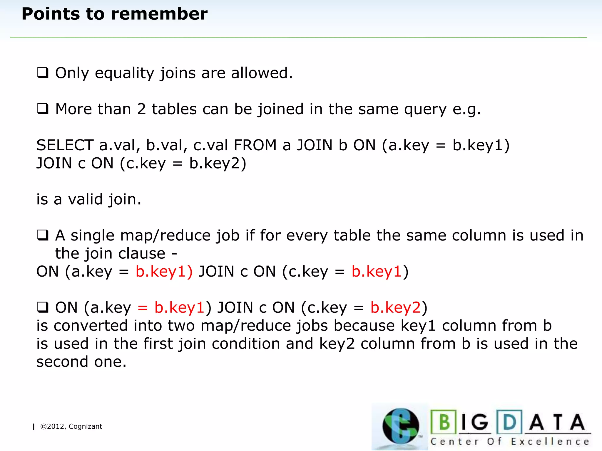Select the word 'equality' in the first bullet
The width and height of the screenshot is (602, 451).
tap(124, 73)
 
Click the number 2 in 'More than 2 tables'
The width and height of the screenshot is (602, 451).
tap(141, 109)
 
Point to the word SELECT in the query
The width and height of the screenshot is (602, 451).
tap(65, 145)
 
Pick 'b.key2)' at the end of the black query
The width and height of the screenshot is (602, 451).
tap(218, 163)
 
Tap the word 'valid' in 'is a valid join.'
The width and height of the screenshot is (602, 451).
tap(85, 199)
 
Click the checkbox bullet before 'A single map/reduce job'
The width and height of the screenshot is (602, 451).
tap(43, 235)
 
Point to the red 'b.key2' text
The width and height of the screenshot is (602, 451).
tap(396, 308)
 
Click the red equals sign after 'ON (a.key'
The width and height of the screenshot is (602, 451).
tap(143, 308)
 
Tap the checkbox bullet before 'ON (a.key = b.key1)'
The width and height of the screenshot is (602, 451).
tap(43, 307)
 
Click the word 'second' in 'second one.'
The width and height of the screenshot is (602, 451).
tap(62, 362)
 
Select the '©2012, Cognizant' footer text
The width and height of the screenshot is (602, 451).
tap(71, 426)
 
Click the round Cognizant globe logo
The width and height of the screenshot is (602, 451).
tap(400, 426)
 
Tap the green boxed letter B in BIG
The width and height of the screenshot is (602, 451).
tap(444, 422)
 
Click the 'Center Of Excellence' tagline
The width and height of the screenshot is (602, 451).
tap(510, 442)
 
